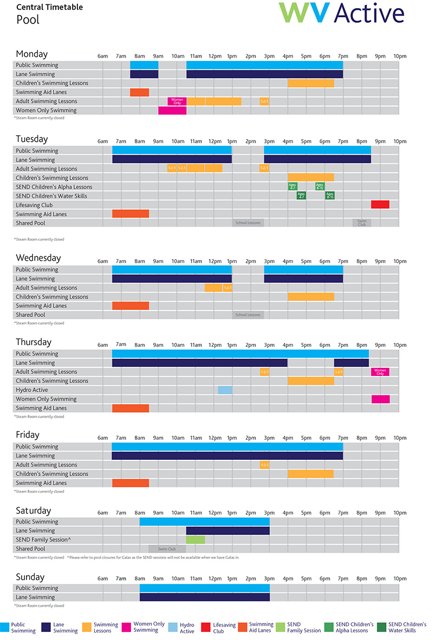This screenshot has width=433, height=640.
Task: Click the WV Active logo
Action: click(x=341, y=13)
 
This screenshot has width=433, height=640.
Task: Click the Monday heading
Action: click(x=32, y=54)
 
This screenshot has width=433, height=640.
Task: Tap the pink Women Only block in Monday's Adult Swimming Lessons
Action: click(x=177, y=101)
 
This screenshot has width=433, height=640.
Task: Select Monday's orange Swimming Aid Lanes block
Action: click(x=139, y=93)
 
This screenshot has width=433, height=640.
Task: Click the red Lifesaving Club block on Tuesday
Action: click(x=380, y=204)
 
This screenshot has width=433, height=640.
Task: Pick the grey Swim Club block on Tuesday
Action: click(x=362, y=223)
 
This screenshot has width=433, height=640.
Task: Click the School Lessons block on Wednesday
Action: click(x=248, y=315)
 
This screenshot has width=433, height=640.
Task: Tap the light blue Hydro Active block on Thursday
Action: click(x=225, y=390)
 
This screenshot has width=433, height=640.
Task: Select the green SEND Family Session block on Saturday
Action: click(x=195, y=539)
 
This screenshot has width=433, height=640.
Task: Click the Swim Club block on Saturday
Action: click(x=167, y=549)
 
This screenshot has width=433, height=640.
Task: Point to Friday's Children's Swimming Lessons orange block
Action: click(x=311, y=474)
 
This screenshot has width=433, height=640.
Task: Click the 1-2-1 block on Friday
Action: click(x=265, y=465)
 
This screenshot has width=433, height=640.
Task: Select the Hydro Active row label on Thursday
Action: click(x=32, y=390)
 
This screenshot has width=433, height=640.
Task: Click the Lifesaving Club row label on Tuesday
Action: click(x=35, y=205)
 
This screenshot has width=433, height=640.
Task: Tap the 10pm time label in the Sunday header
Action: click(x=399, y=579)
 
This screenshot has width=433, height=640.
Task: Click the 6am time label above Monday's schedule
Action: click(x=103, y=56)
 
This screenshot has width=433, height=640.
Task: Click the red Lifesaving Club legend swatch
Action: click(x=206, y=628)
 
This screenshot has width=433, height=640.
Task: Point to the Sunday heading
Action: click(x=30, y=577)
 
